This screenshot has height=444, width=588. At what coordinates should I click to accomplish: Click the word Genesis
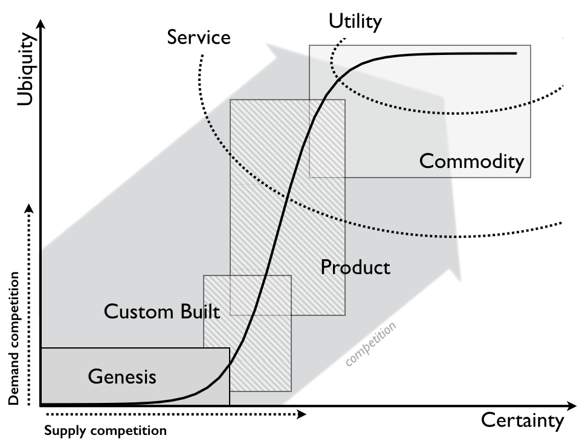pos(122,377)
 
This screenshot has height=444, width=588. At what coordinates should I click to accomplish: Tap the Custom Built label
pos(161,312)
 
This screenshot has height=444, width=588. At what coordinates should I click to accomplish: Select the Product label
pos(355,267)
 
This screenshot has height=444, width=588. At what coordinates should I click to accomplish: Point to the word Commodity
pos(471,161)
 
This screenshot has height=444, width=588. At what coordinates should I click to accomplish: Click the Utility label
pos(355,22)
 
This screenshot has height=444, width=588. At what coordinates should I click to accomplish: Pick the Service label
pos(199,37)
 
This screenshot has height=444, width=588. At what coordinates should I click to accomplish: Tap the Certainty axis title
pos(522,420)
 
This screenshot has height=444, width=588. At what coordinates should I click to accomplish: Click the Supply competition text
pos(105,431)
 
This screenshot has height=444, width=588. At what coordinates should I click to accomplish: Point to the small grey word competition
pos(371,343)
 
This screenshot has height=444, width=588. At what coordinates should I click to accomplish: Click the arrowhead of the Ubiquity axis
pos(40,24)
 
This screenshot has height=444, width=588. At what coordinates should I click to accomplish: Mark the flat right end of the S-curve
pos(515,53)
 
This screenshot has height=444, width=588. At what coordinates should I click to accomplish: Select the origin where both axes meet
pos(40,405)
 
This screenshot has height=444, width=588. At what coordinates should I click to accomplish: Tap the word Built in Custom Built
pos(199,312)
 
